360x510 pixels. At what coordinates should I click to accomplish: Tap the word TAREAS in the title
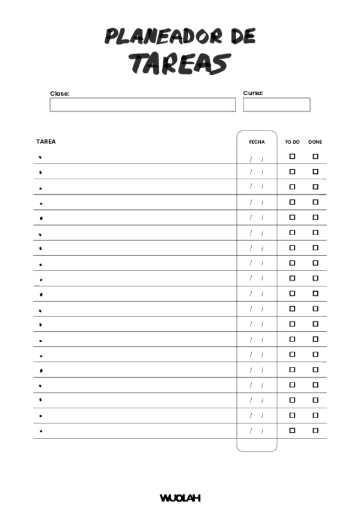(180, 63)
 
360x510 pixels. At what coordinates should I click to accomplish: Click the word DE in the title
(242, 37)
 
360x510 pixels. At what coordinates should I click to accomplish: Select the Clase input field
(142, 105)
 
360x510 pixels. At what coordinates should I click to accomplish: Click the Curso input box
(276, 105)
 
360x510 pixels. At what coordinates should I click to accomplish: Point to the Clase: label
(59, 93)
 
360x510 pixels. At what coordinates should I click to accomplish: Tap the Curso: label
(253, 93)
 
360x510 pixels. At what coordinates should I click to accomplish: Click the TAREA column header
(46, 142)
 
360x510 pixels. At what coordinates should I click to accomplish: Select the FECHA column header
(257, 142)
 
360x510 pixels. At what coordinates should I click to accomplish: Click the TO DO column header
(292, 142)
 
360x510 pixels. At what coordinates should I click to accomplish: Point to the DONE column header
(315, 142)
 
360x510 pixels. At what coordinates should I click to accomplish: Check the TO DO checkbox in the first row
(293, 156)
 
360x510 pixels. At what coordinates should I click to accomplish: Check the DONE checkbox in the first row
(316, 156)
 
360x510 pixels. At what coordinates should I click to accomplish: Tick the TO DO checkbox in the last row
(293, 430)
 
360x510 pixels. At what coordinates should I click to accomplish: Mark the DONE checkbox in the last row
(316, 430)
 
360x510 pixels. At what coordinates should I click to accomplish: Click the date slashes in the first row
(257, 159)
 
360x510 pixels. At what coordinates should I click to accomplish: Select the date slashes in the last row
(257, 431)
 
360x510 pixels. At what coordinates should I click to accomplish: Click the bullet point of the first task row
(40, 157)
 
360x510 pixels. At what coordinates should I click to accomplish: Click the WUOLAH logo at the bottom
(180, 498)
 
